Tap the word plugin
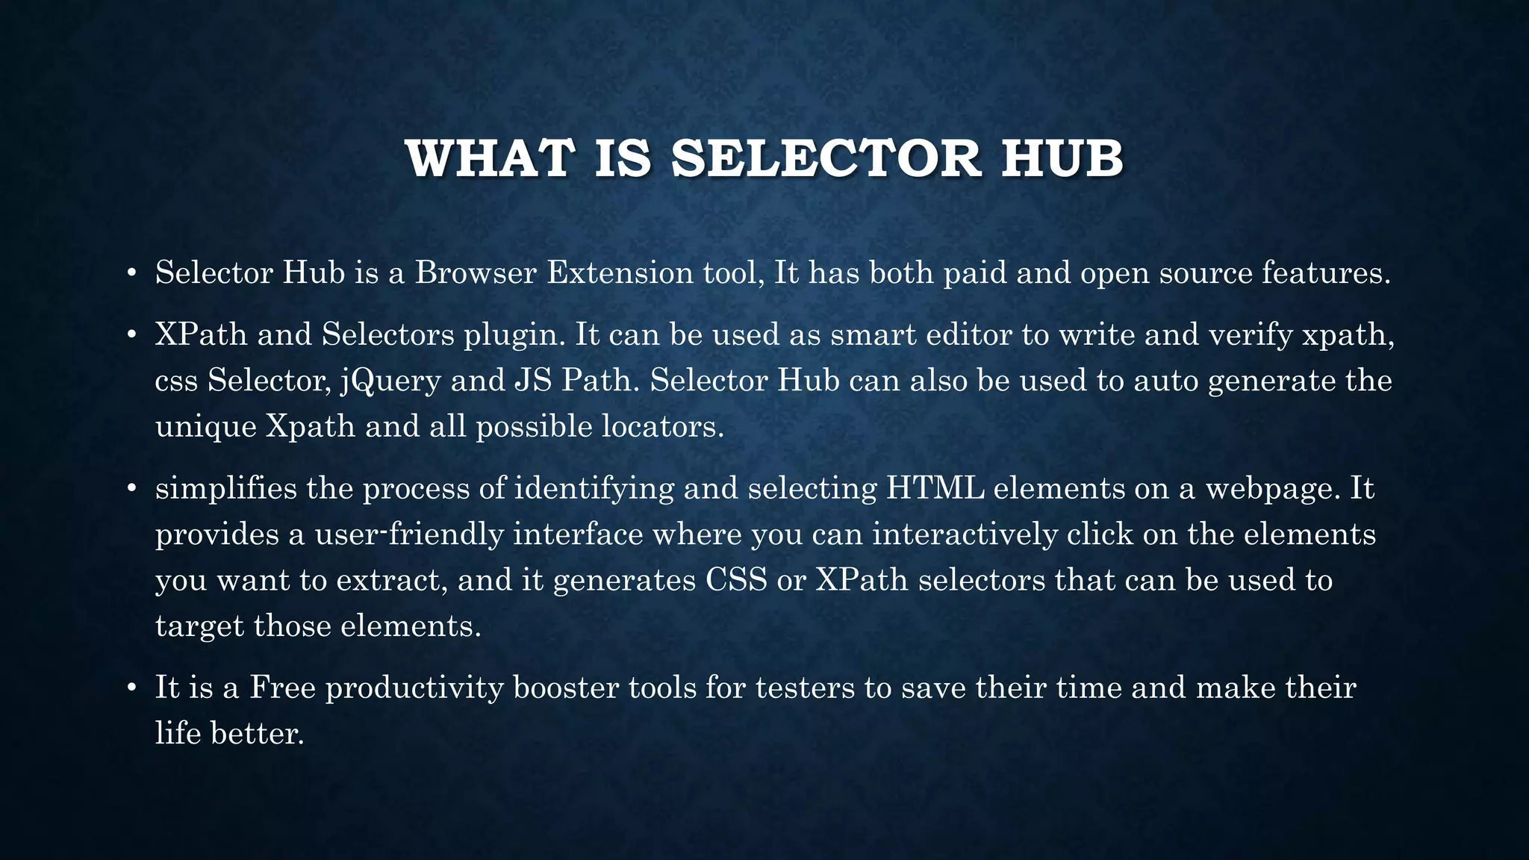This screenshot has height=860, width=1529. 514,335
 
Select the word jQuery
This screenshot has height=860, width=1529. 390,381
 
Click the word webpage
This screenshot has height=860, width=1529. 1273,489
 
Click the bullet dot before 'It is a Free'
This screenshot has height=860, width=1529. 131,688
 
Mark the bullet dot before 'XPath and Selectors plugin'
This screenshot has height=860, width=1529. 131,335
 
